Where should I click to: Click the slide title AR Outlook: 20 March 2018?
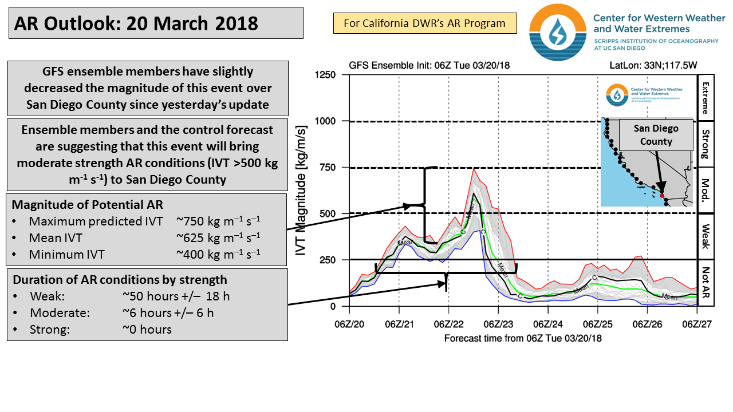[136, 23]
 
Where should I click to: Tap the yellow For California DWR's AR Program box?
[424, 23]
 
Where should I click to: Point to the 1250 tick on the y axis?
[325, 75]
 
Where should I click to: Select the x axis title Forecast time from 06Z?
[523, 338]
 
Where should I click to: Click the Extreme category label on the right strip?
[706, 97]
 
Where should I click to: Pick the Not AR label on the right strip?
[706, 283]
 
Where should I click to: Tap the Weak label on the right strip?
[706, 236]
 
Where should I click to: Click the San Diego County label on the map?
[656, 135]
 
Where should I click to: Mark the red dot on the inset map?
[661, 195]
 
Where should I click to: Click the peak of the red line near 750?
[473, 168]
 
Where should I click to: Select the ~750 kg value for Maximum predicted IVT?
[218, 221]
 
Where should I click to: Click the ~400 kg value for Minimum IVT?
[218, 254]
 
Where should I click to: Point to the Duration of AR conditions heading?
[120, 280]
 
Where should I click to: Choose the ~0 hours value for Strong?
[147, 329]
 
